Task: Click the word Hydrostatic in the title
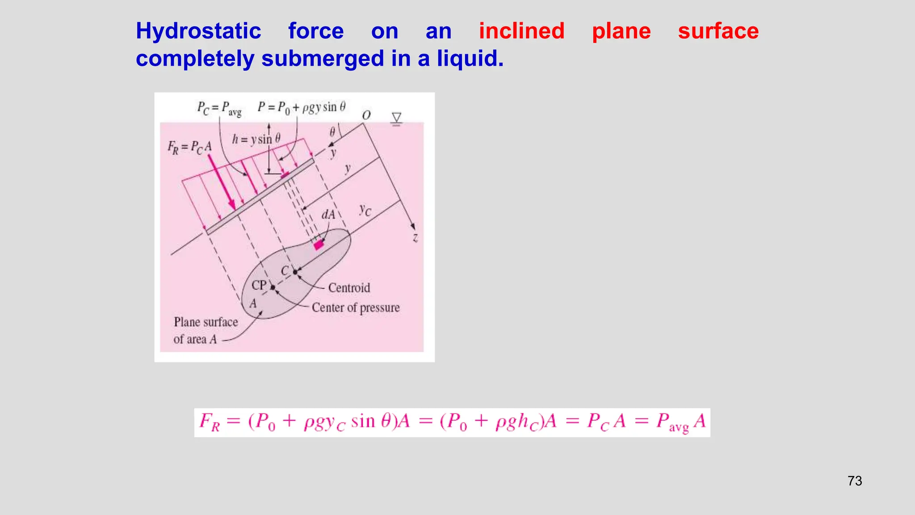tap(198, 31)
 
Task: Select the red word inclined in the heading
tap(521, 31)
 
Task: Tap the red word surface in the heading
tap(718, 31)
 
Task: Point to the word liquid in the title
tap(470, 59)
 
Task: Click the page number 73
tap(854, 481)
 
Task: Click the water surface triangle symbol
tap(396, 118)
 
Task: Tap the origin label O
tap(366, 115)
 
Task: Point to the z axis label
tap(415, 238)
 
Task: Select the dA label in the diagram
tap(328, 215)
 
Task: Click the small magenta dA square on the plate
tap(318, 245)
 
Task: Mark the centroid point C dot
tap(295, 272)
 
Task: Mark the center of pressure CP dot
tap(273, 287)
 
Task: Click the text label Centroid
tap(349, 288)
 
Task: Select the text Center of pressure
tap(356, 308)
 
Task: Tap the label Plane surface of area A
tap(205, 330)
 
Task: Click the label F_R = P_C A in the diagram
tap(189, 147)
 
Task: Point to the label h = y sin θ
tap(256, 139)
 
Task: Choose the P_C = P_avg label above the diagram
tap(219, 108)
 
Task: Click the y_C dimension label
tap(365, 210)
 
